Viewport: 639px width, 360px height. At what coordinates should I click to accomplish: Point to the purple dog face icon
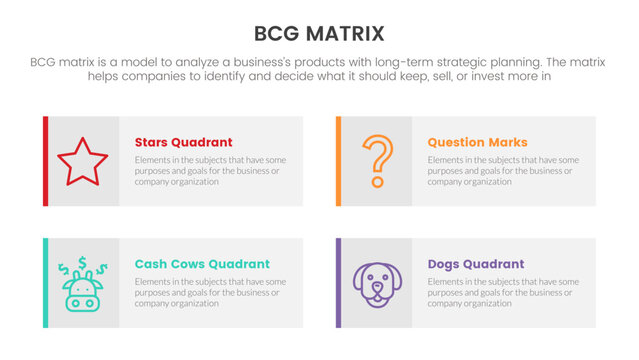pyautogui.click(x=375, y=284)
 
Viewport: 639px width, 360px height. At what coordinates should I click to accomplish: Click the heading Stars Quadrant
pyautogui.click(x=183, y=142)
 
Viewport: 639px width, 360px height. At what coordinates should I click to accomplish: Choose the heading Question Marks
pyautogui.click(x=477, y=142)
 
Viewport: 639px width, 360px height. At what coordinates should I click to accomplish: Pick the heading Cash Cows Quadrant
pyautogui.click(x=201, y=264)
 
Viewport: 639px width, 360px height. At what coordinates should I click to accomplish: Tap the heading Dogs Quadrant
pyautogui.click(x=475, y=264)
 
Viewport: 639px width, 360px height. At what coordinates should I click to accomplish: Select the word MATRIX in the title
pyautogui.click(x=346, y=35)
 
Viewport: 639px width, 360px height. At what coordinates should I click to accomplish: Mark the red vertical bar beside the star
pyautogui.click(x=45, y=161)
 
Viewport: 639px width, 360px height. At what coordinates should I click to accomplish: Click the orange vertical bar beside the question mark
pyautogui.click(x=338, y=161)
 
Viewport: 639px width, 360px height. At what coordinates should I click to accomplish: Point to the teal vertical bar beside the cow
pyautogui.click(x=45, y=283)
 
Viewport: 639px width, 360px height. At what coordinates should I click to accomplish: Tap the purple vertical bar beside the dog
pyautogui.click(x=338, y=283)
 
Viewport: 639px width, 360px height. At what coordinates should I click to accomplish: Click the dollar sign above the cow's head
pyautogui.click(x=81, y=265)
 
